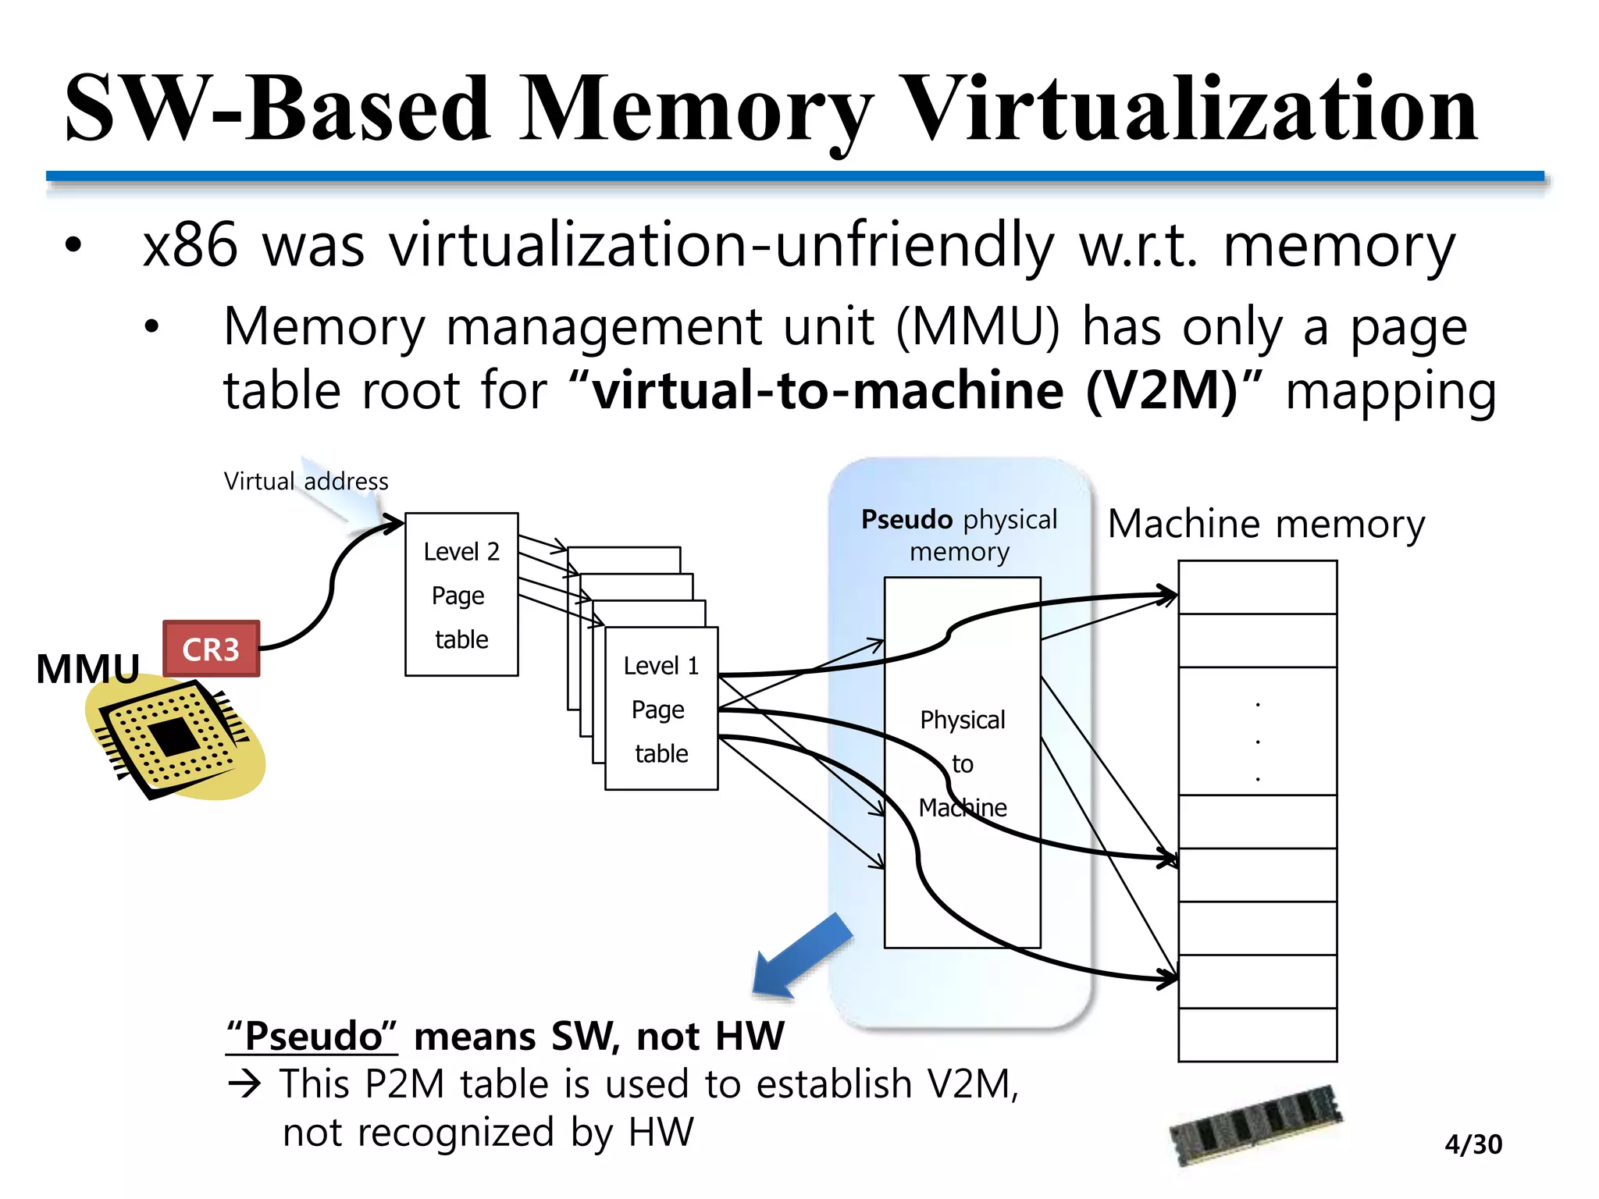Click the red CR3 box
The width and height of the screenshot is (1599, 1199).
pyautogui.click(x=211, y=649)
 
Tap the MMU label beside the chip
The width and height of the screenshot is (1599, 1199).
pyautogui.click(x=87, y=669)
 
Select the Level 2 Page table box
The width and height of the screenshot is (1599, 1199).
pyautogui.click(x=461, y=595)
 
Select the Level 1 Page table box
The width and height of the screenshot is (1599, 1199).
pyautogui.click(x=661, y=709)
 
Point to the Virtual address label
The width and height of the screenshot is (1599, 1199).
pyautogui.click(x=306, y=481)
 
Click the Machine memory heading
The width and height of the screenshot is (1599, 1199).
pyautogui.click(x=1266, y=524)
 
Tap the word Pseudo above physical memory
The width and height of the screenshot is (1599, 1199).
pyautogui.click(x=906, y=520)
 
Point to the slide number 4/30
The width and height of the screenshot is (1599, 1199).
pyautogui.click(x=1473, y=1144)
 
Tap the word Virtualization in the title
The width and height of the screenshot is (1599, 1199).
pyautogui.click(x=1190, y=109)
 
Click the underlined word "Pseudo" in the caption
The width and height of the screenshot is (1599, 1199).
pyautogui.click(x=312, y=1037)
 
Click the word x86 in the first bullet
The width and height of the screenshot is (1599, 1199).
pyautogui.click(x=190, y=245)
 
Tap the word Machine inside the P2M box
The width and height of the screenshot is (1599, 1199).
pyautogui.click(x=963, y=807)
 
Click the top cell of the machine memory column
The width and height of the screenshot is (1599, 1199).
pyautogui.click(x=1257, y=587)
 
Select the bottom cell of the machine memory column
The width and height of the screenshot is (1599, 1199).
pyautogui.click(x=1257, y=1035)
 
